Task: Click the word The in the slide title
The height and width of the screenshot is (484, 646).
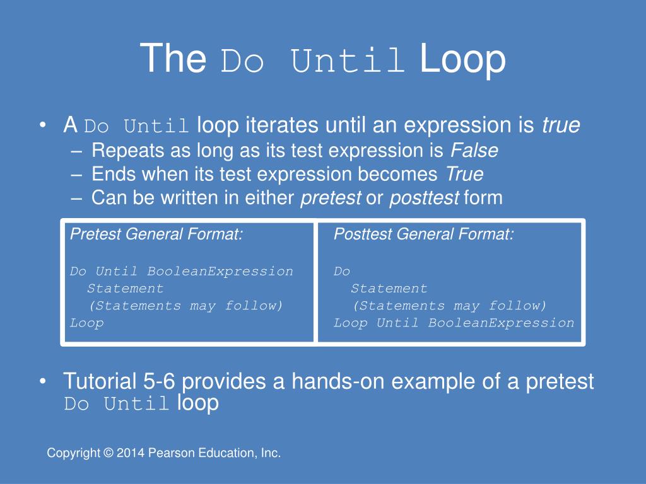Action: [173, 59]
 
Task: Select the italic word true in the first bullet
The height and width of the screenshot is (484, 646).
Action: [560, 126]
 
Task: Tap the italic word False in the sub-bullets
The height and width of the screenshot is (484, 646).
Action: [474, 151]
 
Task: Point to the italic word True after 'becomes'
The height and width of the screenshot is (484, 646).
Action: [464, 174]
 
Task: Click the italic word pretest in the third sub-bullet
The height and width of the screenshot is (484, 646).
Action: [331, 198]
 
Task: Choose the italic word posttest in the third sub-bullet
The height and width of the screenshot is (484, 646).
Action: [424, 198]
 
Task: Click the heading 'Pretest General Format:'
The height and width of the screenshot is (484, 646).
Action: [156, 235]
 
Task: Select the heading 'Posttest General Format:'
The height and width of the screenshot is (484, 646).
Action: [423, 235]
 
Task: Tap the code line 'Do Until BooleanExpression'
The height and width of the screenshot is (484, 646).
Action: [181, 272]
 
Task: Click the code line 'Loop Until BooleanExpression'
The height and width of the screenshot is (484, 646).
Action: [454, 323]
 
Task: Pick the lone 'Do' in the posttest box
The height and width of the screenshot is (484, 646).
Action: [342, 272]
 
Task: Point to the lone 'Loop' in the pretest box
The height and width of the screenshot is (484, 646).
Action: [86, 323]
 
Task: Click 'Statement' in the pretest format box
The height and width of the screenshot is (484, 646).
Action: [125, 289]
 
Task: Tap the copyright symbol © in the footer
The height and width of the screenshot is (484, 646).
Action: [108, 453]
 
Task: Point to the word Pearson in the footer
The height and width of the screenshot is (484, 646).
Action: [168, 453]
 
